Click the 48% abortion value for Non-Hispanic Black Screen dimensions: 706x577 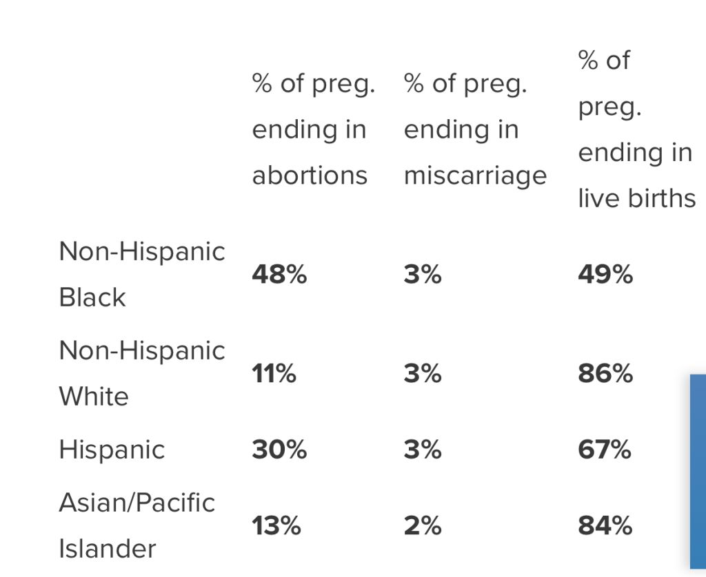pyautogui.click(x=279, y=274)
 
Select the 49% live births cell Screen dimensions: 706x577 pyautogui.click(x=605, y=274)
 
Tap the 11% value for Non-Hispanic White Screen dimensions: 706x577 pyautogui.click(x=274, y=373)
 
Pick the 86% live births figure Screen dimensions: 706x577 pyautogui.click(x=605, y=373)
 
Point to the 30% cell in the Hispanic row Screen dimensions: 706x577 pyautogui.click(x=279, y=450)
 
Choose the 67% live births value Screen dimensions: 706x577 pyautogui.click(x=604, y=450)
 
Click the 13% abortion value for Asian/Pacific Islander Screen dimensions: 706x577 pyautogui.click(x=276, y=525)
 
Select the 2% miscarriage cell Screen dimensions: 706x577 pyautogui.click(x=423, y=525)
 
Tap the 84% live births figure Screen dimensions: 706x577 pyautogui.click(x=605, y=525)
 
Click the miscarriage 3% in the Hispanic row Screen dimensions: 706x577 pyautogui.click(x=423, y=450)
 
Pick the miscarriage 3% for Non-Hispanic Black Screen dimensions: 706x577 pyautogui.click(x=423, y=274)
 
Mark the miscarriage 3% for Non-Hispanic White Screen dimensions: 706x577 pyautogui.click(x=423, y=373)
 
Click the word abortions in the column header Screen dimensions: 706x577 pyautogui.click(x=310, y=175)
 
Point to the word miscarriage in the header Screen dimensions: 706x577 pyautogui.click(x=476, y=176)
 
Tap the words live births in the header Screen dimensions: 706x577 pyautogui.click(x=636, y=198)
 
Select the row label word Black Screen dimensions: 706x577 pyautogui.click(x=92, y=297)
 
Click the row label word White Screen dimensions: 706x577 pyautogui.click(x=94, y=396)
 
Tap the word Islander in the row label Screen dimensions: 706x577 pyautogui.click(x=108, y=549)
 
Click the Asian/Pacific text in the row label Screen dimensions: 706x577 pyautogui.click(x=137, y=503)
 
